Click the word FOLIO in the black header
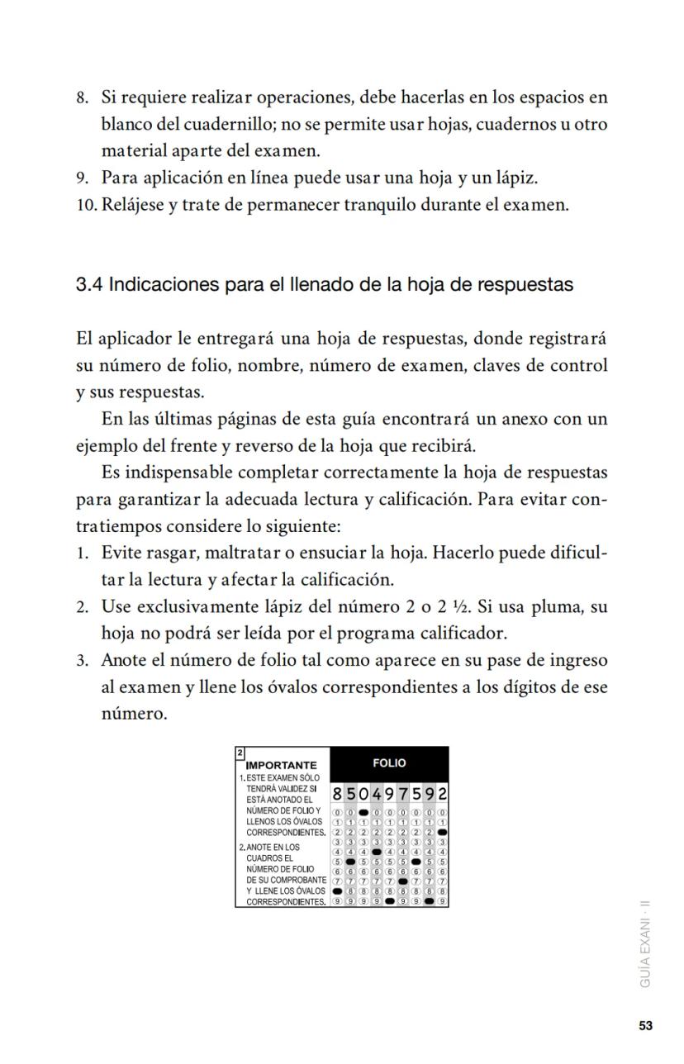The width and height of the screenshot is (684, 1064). [389, 763]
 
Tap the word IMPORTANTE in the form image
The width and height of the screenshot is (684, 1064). [282, 766]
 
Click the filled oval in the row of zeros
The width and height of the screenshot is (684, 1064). [363, 812]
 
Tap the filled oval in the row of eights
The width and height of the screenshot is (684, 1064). [337, 891]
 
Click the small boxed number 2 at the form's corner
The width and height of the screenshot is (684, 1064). [240, 753]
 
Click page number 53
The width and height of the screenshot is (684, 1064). [645, 1026]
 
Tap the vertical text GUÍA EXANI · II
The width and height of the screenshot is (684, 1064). [645, 943]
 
